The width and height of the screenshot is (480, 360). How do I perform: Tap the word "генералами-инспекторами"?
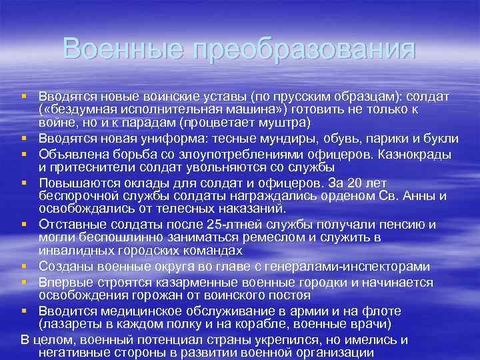359,266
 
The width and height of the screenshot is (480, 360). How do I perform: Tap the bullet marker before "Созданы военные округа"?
25,267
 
